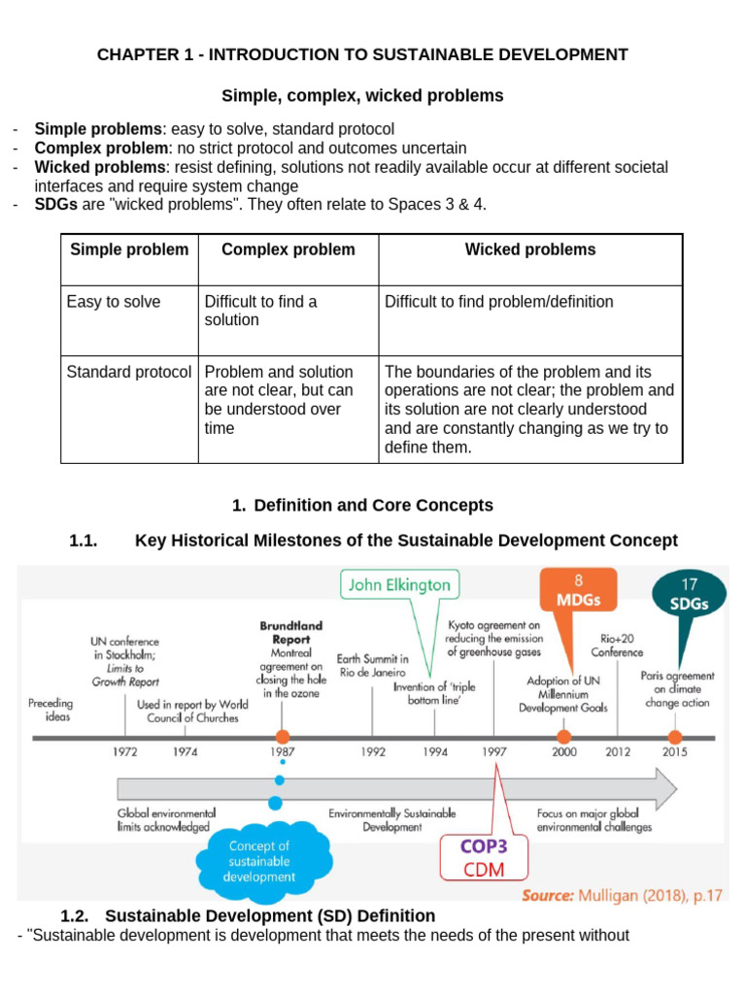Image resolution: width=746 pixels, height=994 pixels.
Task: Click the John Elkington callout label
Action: [399, 584]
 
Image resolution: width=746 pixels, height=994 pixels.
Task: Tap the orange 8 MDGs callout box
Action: [578, 589]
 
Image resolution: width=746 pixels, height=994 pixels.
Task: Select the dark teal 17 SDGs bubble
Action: [689, 594]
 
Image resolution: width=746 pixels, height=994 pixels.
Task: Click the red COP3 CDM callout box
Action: [484, 858]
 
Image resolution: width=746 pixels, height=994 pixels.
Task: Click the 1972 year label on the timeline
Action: [125, 752]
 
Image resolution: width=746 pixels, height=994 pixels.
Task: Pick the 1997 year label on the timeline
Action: [494, 752]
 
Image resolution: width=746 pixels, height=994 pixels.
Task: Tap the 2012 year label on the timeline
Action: [618, 752]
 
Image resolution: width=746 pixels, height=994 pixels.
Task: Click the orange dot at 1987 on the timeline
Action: [283, 737]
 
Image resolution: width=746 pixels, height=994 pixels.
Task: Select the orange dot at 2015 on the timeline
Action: [675, 737]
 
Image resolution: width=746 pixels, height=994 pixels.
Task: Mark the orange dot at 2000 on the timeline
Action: [563, 737]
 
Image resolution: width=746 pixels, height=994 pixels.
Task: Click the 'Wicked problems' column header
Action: [530, 249]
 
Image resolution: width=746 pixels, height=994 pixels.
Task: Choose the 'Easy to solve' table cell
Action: [114, 302]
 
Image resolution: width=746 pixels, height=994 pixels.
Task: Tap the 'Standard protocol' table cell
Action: [129, 372]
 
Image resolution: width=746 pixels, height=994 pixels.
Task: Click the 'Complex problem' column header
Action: [288, 249]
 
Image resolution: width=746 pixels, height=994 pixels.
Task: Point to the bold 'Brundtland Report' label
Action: [291, 633]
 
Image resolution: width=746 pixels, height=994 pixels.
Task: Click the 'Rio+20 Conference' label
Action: [617, 646]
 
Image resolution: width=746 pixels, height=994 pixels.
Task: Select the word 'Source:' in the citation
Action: [548, 895]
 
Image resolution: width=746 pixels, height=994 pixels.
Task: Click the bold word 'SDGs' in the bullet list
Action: [55, 205]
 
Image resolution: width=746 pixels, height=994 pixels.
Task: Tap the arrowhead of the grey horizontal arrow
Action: [666, 788]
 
